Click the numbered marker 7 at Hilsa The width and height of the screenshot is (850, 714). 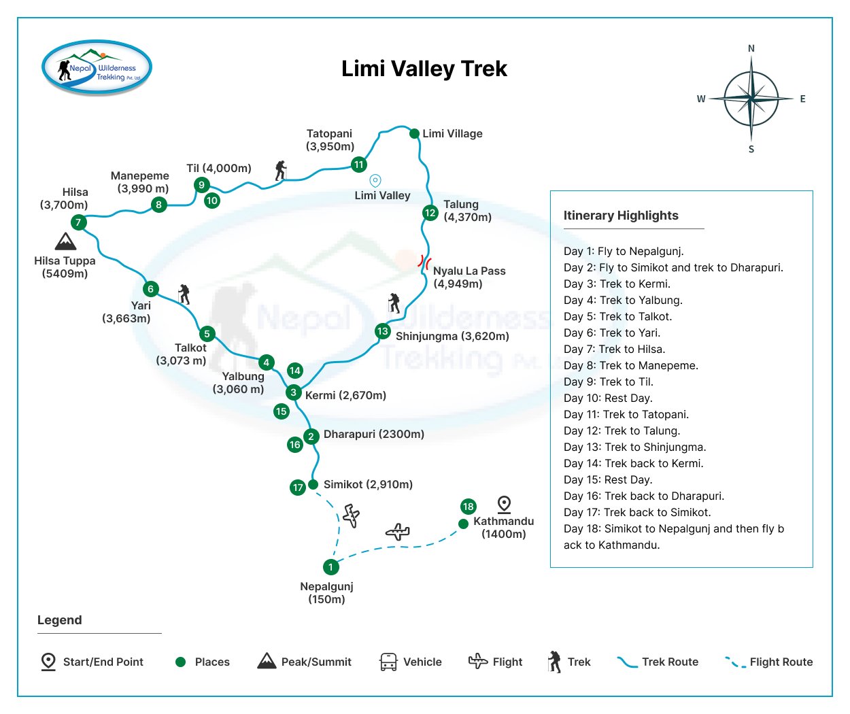coord(79,222)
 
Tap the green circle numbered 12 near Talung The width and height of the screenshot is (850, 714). coord(430,213)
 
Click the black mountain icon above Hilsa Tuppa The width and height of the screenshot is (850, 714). coord(65,241)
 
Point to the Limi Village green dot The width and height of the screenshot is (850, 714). coord(414,133)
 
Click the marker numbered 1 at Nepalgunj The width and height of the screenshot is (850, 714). coord(330,567)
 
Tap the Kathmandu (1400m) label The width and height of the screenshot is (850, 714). coord(503,528)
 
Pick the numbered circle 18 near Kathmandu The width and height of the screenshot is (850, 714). coord(468,507)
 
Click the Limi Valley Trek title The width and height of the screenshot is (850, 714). coord(424,69)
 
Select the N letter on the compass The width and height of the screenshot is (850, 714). coord(751,48)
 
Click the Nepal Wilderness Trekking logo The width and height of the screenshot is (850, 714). coord(97,68)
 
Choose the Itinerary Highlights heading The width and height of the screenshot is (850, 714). coord(621,216)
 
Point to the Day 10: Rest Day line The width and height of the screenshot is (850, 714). coord(608,398)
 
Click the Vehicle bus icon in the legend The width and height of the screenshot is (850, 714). coord(388,662)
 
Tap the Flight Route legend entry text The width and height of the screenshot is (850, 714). coord(781,662)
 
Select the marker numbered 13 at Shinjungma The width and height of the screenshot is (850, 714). coord(383,331)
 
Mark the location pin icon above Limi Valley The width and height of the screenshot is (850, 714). coord(375,181)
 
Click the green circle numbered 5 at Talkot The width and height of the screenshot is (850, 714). coord(207,334)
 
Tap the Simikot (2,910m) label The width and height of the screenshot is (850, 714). coord(368,484)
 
